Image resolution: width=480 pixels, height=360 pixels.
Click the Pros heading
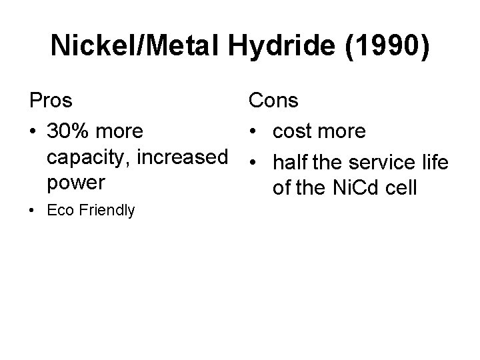(x=51, y=101)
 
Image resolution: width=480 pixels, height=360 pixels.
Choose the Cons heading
(x=274, y=101)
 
